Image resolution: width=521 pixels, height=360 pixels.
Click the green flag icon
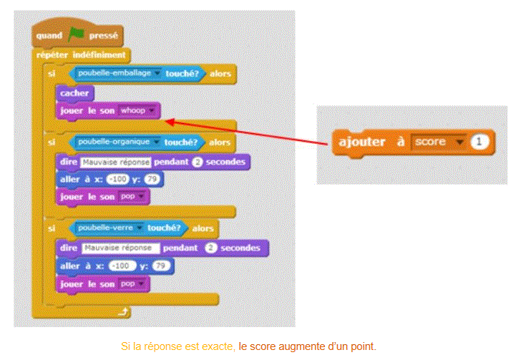pyautogui.click(x=77, y=34)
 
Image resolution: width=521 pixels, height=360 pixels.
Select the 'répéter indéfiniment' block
pyautogui.click(x=82, y=54)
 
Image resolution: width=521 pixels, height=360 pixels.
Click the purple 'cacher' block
pyautogui.click(x=74, y=93)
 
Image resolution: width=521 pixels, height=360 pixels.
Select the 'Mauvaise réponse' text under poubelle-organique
pyautogui.click(x=115, y=162)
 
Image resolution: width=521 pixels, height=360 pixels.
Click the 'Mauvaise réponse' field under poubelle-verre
pyautogui.click(x=120, y=248)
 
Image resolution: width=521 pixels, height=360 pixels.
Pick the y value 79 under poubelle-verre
pyautogui.click(x=162, y=266)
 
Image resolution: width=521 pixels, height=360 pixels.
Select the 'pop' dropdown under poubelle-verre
pyautogui.click(x=132, y=283)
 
